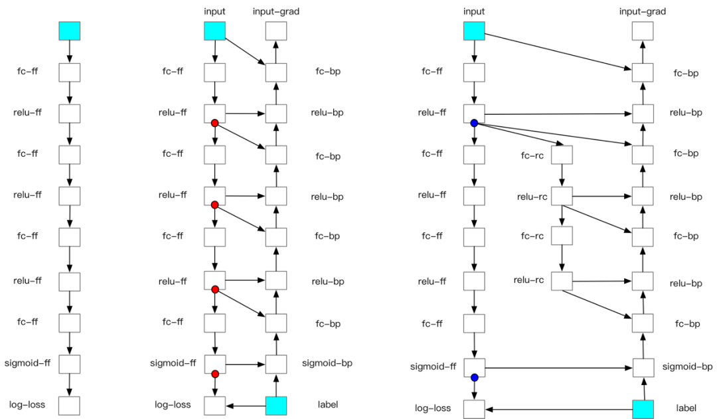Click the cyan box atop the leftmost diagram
click(x=70, y=31)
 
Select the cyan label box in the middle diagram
click(x=276, y=406)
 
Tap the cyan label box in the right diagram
click(x=643, y=409)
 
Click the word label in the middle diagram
click(x=327, y=404)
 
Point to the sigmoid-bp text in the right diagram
click(x=687, y=367)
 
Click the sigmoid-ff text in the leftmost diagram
click(x=27, y=363)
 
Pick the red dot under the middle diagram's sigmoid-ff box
click(x=215, y=374)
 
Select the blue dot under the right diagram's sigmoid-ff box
click(x=474, y=377)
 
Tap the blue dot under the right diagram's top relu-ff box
click(x=474, y=123)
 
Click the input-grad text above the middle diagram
click(x=276, y=11)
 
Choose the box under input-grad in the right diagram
click(x=643, y=31)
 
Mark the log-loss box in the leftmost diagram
click(x=70, y=406)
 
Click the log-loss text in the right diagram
click(x=433, y=408)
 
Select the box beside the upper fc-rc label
click(x=562, y=155)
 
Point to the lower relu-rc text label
click(x=528, y=280)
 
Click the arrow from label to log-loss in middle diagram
click(x=246, y=406)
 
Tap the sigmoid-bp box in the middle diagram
click(x=276, y=365)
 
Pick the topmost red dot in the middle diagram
click(x=214, y=123)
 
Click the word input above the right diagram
click(x=474, y=11)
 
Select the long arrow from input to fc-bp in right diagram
click(x=558, y=52)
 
